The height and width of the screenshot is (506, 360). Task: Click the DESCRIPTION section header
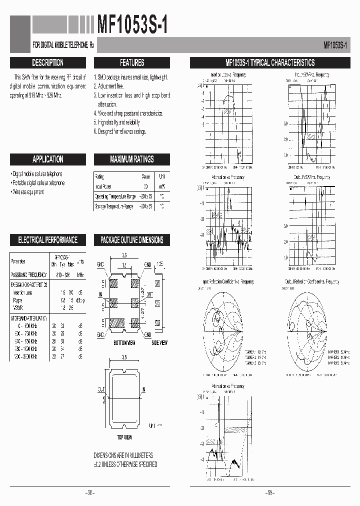47,63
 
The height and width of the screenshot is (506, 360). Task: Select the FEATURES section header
132,63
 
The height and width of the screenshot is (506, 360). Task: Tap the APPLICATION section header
47,159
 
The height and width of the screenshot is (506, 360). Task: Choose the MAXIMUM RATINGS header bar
132,159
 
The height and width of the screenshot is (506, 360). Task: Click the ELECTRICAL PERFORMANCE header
47,240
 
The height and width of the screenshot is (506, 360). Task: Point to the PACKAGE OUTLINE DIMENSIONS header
132,240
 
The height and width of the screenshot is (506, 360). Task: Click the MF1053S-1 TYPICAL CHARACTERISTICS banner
270,63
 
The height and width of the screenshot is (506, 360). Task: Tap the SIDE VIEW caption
159,342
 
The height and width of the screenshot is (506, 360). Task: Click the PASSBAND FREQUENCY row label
28,274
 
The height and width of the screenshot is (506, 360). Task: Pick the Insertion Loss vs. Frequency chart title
228,74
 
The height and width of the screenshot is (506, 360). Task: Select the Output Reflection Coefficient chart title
312,282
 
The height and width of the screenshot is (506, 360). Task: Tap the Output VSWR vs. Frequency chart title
312,177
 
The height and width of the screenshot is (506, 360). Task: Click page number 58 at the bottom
90,492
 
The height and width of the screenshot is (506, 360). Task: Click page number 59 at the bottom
270,492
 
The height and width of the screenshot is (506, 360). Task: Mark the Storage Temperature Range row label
114,206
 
